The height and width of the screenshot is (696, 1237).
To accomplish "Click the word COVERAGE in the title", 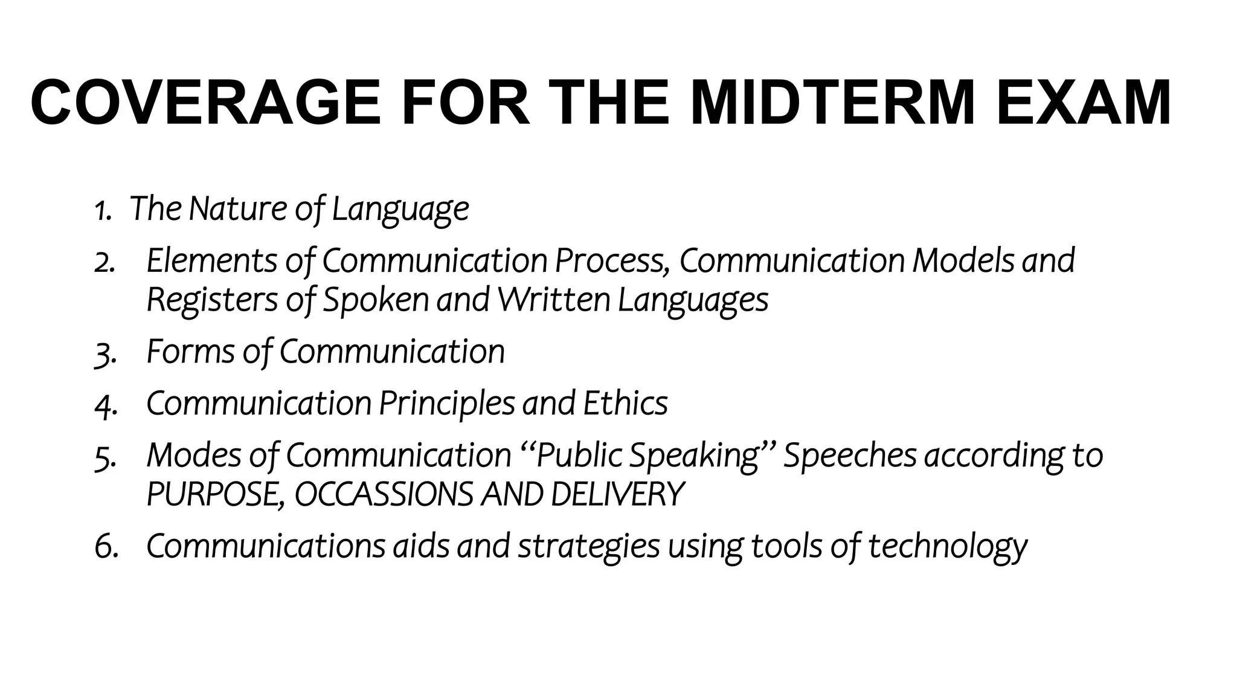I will coord(206,102).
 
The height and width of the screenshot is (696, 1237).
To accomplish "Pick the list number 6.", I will coord(106,547).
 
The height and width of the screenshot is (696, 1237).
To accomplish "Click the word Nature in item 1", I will coord(238,208).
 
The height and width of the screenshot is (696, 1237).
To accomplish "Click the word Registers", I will coord(212,300).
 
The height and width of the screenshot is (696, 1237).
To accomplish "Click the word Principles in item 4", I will coord(446,404).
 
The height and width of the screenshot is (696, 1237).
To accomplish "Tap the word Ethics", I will coord(625,403).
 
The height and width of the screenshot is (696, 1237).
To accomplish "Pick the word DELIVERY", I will coord(617,495).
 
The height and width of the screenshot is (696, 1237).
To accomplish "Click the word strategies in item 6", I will coord(588,547).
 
